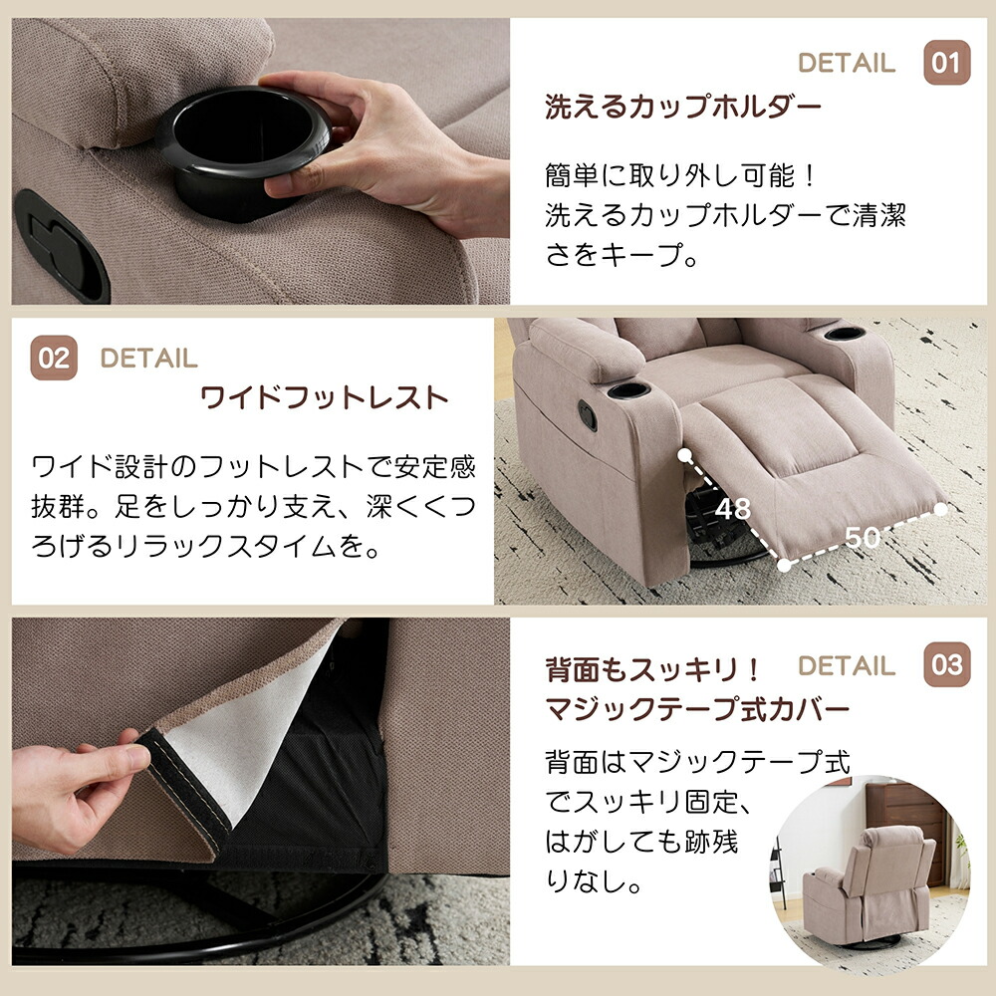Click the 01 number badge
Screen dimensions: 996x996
[x=946, y=62]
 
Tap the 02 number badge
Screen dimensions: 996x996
[x=54, y=358]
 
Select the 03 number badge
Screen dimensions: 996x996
[x=946, y=664]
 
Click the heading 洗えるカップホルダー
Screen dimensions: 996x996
[x=683, y=107]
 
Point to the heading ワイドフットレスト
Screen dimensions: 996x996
[x=325, y=398]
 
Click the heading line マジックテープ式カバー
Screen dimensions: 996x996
[x=697, y=709]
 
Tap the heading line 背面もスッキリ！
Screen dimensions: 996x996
[x=652, y=670]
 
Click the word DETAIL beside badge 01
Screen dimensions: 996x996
[x=847, y=63]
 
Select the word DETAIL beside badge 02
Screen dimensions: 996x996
[x=148, y=359]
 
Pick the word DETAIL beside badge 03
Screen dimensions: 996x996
[x=847, y=665]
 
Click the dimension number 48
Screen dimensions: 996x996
[x=732, y=509]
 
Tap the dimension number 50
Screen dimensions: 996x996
[x=862, y=538]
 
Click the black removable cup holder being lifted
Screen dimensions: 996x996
[x=245, y=152]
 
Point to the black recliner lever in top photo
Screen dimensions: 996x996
[x=62, y=246]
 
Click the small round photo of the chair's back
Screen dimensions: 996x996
[x=871, y=871]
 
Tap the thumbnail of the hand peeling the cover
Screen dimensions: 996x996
[x=260, y=792]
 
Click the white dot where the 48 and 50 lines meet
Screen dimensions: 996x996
[x=784, y=565]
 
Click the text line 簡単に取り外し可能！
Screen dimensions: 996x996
[x=680, y=176]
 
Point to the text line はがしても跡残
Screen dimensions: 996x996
[x=641, y=842]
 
